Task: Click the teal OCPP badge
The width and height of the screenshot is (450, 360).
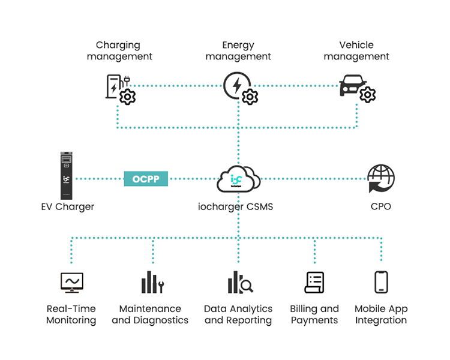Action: [146, 179]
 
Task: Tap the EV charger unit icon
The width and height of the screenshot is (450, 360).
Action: [67, 175]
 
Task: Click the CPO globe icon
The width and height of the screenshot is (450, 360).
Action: [381, 179]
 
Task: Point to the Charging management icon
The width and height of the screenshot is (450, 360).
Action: [120, 89]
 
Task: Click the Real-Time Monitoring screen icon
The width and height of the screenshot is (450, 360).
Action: [71, 282]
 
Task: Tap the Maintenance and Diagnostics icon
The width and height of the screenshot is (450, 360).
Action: [152, 282]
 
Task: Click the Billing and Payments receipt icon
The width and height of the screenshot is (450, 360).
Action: [314, 282]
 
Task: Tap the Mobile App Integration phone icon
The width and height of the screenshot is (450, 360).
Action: [381, 282]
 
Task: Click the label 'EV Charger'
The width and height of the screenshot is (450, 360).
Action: [67, 206]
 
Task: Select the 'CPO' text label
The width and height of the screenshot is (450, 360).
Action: [381, 206]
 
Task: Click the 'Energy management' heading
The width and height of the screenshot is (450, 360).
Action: [238, 51]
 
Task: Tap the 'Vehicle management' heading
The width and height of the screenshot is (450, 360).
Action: [356, 51]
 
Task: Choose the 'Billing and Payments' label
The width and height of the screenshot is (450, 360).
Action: [314, 314]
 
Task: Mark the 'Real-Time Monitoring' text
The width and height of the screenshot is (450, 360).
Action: [71, 314]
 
